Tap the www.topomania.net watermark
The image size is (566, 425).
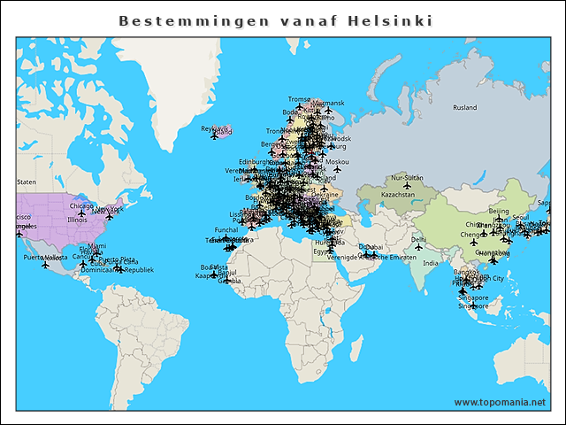tap(500, 402)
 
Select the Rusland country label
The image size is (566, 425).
tap(464, 108)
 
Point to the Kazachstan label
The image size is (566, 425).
tap(397, 195)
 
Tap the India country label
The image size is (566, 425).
tap(430, 263)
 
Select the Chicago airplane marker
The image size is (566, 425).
tap(82, 213)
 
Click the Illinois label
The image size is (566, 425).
tap(78, 220)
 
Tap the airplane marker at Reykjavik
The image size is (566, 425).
tap(214, 136)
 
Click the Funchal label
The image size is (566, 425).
tap(226, 229)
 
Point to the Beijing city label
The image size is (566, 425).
tap(499, 212)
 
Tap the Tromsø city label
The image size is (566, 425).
tap(300, 99)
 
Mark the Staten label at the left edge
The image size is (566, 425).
tap(27, 182)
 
